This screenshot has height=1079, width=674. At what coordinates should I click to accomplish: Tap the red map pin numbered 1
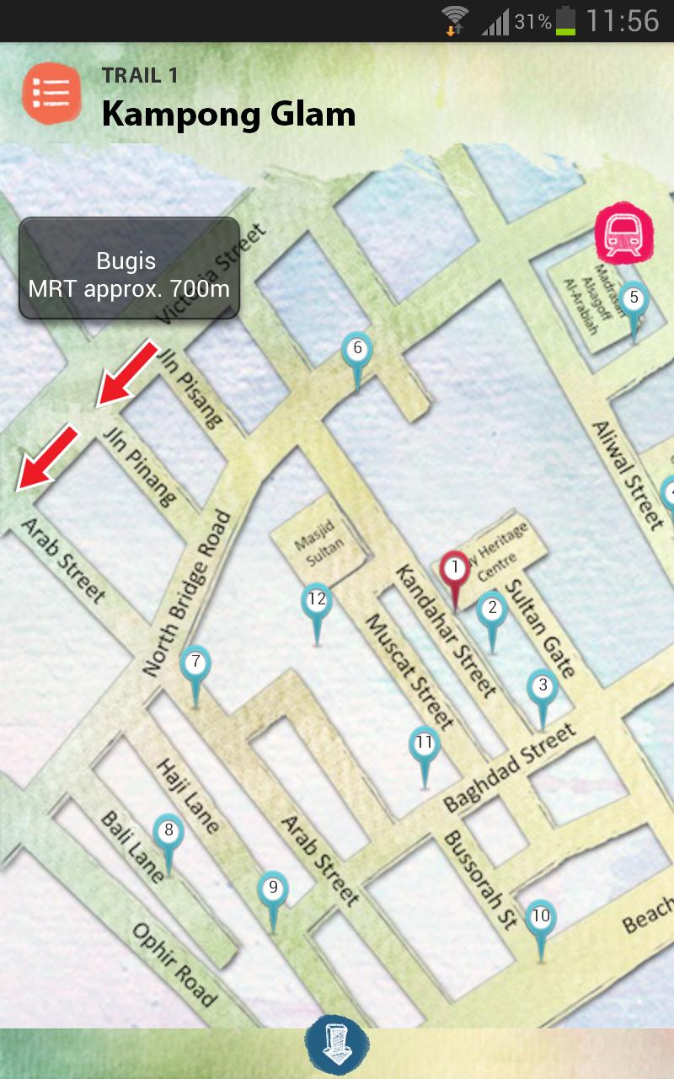[455, 570]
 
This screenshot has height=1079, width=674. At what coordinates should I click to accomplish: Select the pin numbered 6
[357, 350]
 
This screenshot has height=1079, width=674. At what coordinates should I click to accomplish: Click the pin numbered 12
[317, 602]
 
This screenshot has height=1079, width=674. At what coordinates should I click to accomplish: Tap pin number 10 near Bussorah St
[541, 918]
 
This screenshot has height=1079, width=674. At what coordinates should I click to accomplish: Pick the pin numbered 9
[272, 889]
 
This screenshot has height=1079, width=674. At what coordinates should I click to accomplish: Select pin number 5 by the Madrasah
[634, 299]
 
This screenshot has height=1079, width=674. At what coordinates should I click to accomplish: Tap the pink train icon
[623, 232]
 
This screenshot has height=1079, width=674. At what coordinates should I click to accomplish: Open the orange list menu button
[51, 94]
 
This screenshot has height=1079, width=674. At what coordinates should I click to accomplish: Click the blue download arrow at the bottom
[336, 1044]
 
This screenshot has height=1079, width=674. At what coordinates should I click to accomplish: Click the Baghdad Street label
[511, 766]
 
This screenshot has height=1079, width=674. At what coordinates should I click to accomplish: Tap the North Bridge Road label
[187, 593]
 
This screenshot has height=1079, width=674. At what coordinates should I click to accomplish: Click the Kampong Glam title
[228, 114]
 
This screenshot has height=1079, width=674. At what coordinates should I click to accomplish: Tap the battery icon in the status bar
[564, 20]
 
